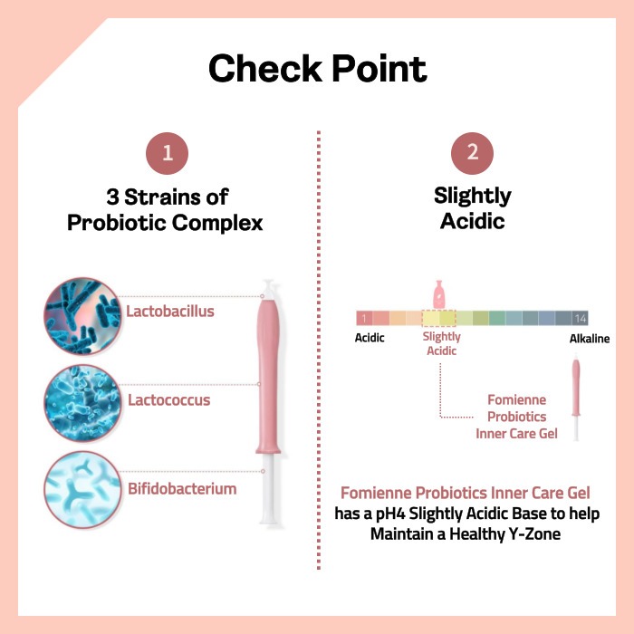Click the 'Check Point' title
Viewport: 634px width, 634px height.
pyautogui.click(x=317, y=68)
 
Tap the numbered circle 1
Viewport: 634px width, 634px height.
pyautogui.click(x=167, y=153)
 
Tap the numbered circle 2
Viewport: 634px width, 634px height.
pyautogui.click(x=472, y=153)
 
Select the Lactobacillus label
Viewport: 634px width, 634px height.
pyautogui.click(x=170, y=312)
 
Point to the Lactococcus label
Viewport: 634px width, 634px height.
pyautogui.click(x=169, y=400)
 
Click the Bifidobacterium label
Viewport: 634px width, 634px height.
pyautogui.click(x=182, y=489)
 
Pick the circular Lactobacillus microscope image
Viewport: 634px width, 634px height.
pyautogui.click(x=82, y=316)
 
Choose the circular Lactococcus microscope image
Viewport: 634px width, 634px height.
pyautogui.click(x=82, y=403)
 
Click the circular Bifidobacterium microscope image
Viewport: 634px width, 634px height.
pyautogui.click(x=82, y=490)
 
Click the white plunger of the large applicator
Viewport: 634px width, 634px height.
pyautogui.click(x=268, y=488)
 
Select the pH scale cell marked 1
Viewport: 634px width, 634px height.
pyautogui.click(x=364, y=318)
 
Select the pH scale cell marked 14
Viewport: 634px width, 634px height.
pyautogui.click(x=580, y=318)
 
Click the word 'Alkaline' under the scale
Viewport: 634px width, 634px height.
pyautogui.click(x=590, y=339)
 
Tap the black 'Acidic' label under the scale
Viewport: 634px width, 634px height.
pyautogui.click(x=370, y=338)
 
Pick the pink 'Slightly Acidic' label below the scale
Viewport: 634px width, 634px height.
pyautogui.click(x=442, y=343)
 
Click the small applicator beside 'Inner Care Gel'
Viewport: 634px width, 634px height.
pyautogui.click(x=576, y=397)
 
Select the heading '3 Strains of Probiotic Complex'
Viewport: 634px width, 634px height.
pyautogui.click(x=165, y=209)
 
